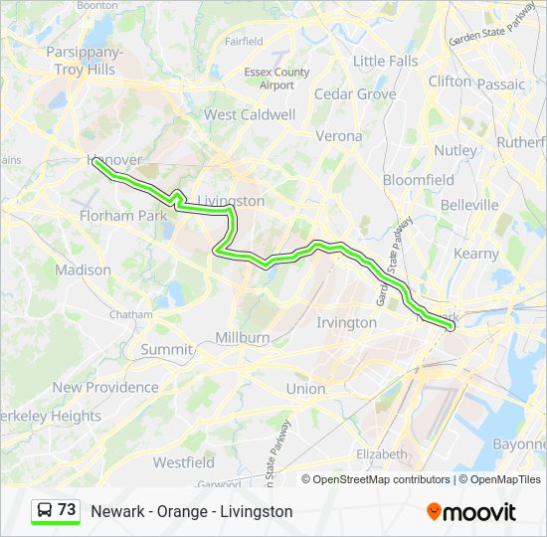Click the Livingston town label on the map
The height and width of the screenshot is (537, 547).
coord(232,201)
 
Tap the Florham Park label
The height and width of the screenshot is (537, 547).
coord(122,215)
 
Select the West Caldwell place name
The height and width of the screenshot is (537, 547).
coord(250,114)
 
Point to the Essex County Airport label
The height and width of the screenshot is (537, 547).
coord(276,79)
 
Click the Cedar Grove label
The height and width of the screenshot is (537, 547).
coord(355,94)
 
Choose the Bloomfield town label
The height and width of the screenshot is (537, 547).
coord(418,180)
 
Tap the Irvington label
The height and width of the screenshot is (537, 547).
coord(346,322)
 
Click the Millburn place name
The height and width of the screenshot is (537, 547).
coord(243,337)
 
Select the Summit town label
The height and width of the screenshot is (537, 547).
coord(166,349)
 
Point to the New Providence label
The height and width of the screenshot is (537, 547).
coord(105,387)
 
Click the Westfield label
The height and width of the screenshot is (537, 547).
coord(183,462)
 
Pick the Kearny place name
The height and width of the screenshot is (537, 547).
coord(475,254)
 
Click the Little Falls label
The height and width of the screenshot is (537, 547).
coord(385,61)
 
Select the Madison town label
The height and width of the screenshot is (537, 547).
coord(83,269)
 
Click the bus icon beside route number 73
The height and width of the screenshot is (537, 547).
coord(45,510)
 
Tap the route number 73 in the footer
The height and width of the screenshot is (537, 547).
coord(67,510)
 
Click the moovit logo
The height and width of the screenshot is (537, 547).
coord(471,511)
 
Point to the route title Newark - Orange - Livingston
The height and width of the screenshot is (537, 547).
coord(192,511)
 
